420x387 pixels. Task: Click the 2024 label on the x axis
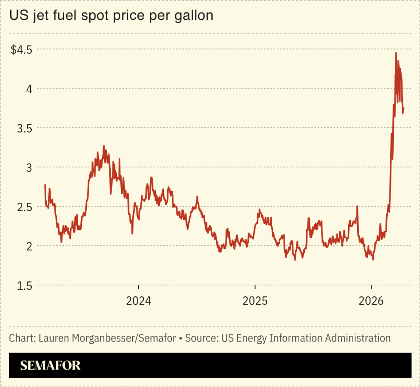coord(139,301)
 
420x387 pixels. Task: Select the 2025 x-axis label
coord(255,301)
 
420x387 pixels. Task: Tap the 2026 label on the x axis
coord(372,301)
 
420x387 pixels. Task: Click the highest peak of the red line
coord(396,53)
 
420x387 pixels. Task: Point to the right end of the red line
coord(404,108)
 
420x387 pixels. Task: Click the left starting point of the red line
coord(45,185)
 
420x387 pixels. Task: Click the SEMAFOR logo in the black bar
coord(50,366)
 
